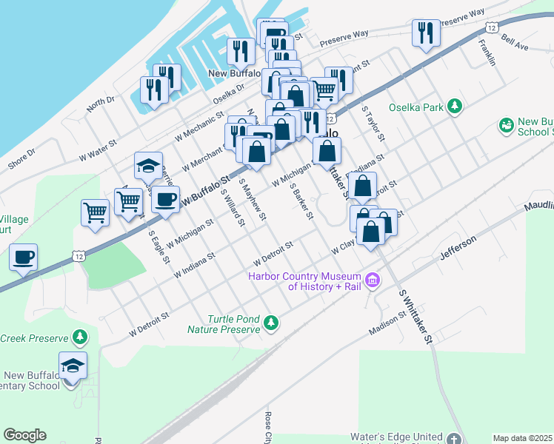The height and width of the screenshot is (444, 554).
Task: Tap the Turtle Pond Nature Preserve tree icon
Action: coord(272,322)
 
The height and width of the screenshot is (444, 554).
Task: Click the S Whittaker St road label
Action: coord(415,316)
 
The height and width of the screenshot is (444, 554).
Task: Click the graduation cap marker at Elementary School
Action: coord(73,366)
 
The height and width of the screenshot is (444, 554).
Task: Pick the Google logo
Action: coord(24,435)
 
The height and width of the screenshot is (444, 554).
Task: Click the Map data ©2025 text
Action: coord(522,438)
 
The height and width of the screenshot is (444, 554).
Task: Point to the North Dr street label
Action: coord(101,104)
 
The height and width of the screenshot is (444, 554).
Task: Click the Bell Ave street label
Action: coord(514,41)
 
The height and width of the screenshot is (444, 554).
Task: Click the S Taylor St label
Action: coord(373,123)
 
